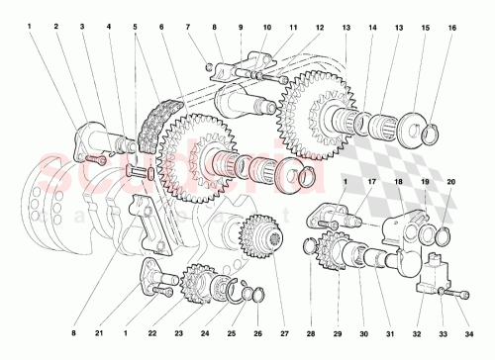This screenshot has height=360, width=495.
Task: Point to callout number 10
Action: tap(266, 26)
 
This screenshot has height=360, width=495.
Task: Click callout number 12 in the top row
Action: tap(319, 26)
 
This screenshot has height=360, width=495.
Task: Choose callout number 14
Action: tap(372, 26)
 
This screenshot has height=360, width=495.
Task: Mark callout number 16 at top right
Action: tap(451, 26)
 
